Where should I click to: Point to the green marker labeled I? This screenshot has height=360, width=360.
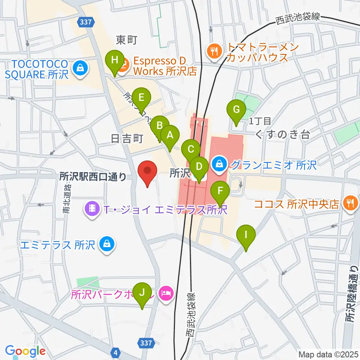point(246,235)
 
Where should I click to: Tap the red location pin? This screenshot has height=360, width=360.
point(147,172)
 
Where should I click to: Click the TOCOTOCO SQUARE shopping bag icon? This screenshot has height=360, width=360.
point(80,68)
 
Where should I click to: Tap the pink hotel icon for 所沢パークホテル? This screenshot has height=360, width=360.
point(165,292)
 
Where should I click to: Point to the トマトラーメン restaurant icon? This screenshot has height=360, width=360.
point(214,52)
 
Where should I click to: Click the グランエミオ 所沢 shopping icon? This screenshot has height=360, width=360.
point(219,163)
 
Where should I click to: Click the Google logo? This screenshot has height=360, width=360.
point(25,351)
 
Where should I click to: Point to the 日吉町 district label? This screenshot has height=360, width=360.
point(127,139)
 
